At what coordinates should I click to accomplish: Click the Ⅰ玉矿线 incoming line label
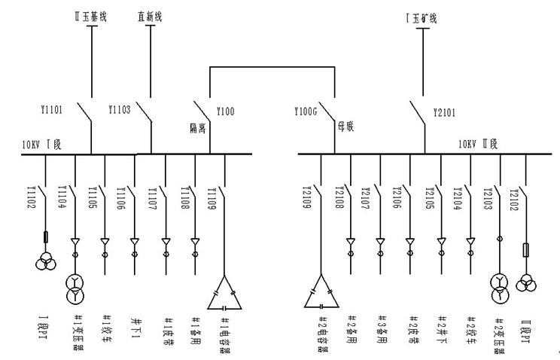[x=420, y=17]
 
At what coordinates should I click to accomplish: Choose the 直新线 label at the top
[x=151, y=15]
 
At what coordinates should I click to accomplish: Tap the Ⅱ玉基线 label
[x=93, y=15]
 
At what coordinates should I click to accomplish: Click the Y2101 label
[x=446, y=114]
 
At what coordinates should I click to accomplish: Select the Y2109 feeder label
[x=308, y=197]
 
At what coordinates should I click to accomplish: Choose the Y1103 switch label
[x=119, y=110]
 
